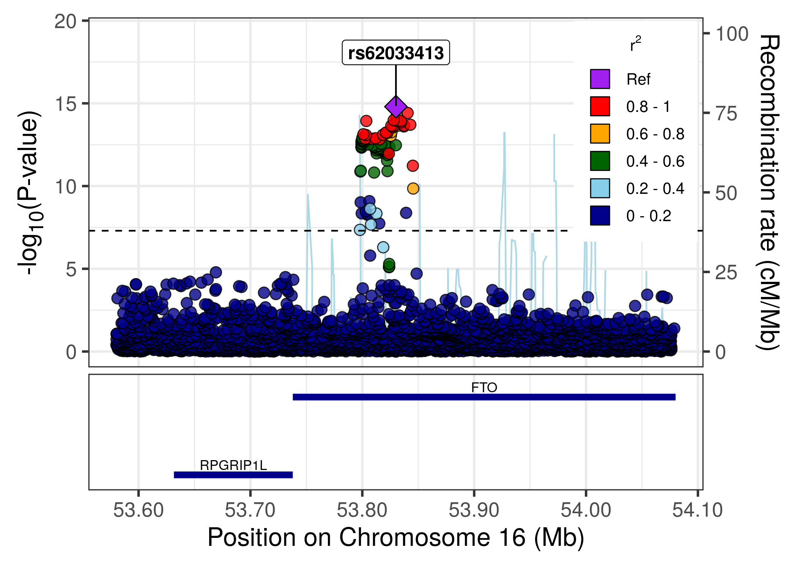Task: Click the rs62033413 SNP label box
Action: [396, 53]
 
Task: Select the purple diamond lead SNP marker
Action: [396, 107]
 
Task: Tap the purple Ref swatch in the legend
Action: [600, 79]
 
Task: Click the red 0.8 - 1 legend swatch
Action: [600, 106]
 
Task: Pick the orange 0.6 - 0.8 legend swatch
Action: [600, 134]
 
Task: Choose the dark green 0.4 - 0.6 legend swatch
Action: [600, 161]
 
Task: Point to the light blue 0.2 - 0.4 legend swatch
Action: [600, 188]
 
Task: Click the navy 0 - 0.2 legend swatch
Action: [600, 215]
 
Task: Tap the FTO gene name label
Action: [484, 388]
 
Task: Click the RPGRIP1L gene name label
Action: [233, 465]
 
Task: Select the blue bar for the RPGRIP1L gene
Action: [233, 475]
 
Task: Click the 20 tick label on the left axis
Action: [65, 22]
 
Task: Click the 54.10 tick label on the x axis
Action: [697, 510]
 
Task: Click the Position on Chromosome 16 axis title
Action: [396, 538]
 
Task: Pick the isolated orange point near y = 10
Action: [413, 188]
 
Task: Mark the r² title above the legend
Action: [635, 45]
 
